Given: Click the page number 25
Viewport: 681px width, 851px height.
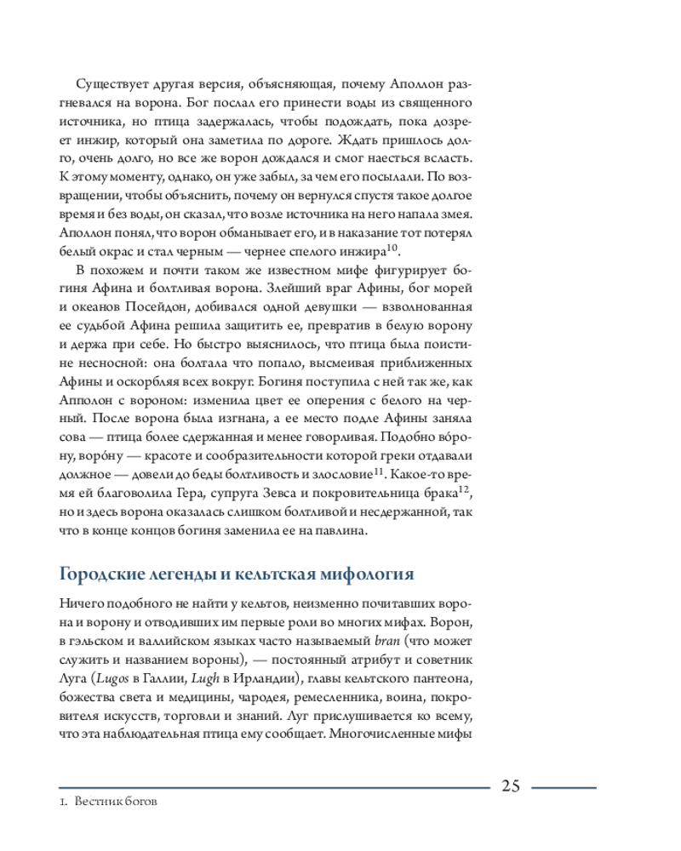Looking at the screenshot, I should tap(512, 785).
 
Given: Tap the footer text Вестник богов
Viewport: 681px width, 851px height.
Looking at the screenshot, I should tap(117, 803).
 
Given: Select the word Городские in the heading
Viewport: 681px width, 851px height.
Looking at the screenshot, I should tap(100, 574).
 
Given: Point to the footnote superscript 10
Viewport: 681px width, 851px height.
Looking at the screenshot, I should tap(392, 248).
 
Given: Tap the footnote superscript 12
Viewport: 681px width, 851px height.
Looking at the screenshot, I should tap(465, 489).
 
